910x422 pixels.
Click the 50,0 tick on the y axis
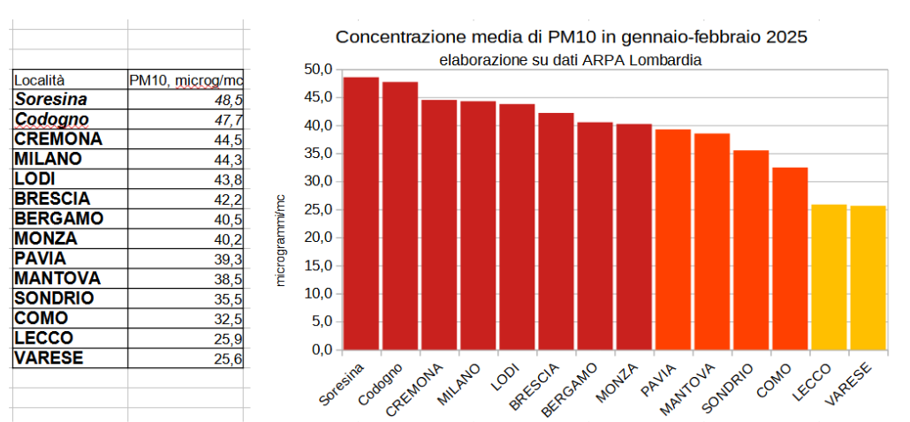coord(317,69)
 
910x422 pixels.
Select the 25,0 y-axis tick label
coord(317,209)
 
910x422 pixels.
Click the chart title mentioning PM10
coord(572,38)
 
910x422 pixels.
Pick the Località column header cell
coord(71,79)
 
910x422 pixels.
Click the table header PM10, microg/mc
coord(186,79)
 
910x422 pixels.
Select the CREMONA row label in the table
coord(71,139)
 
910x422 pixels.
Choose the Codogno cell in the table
coord(71,119)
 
